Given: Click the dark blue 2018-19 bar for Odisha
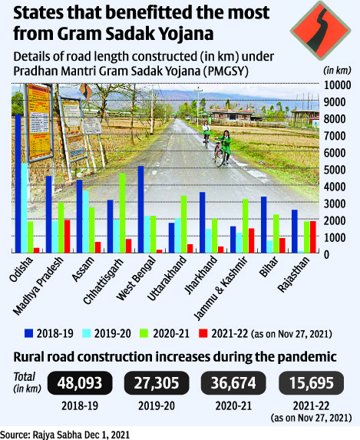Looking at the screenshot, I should (x=18, y=184).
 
